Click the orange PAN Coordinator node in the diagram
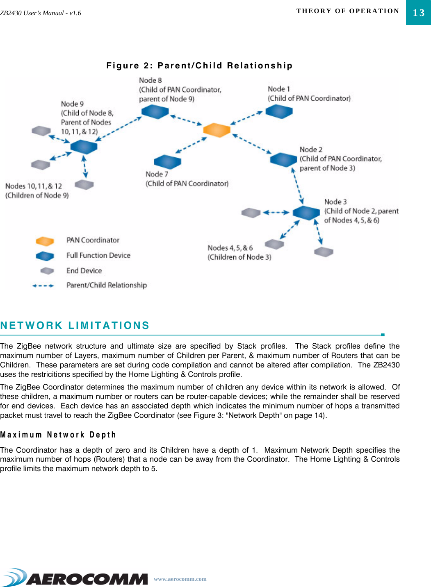(217, 130)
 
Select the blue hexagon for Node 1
(279, 111)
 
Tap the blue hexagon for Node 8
(155, 111)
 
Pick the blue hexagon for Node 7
(167, 162)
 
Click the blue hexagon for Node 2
(283, 159)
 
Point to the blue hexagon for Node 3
(306, 213)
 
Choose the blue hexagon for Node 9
(84, 146)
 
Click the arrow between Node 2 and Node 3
(298, 186)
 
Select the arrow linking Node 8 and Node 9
(119, 129)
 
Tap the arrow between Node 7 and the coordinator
(191, 145)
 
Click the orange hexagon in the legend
(45, 241)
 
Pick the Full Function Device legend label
(98, 255)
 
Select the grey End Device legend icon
(47, 271)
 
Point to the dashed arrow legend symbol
(43, 286)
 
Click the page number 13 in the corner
(418, 13)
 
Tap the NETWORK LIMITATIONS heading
(75, 325)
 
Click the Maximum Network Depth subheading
(58, 435)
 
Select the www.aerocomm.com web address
(180, 579)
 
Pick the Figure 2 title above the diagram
(199, 66)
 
